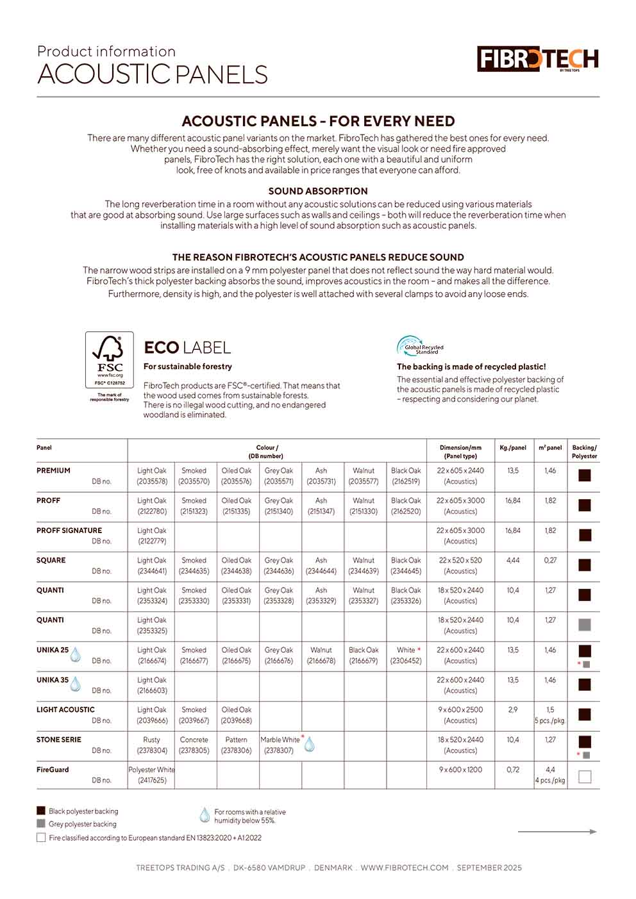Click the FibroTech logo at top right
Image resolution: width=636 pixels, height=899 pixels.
[x=537, y=60]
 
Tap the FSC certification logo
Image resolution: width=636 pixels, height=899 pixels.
[x=110, y=360]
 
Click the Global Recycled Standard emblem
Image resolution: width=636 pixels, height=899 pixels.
[x=420, y=347]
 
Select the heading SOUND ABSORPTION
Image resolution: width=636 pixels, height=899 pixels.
[x=318, y=191]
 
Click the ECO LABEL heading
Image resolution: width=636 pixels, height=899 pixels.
[x=187, y=348]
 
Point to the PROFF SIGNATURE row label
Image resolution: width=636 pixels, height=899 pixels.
[x=69, y=531]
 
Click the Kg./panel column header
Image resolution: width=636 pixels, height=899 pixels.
[x=513, y=448]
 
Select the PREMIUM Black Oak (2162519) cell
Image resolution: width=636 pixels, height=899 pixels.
[x=406, y=476]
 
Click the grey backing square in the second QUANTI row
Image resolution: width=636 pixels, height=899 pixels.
[x=585, y=625]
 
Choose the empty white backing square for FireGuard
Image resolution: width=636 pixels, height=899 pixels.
[x=585, y=777]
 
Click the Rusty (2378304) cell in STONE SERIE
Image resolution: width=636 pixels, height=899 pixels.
[x=152, y=745]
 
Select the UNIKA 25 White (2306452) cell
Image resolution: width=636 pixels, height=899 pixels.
[x=406, y=655]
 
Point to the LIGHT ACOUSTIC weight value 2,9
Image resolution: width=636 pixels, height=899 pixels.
[x=513, y=710]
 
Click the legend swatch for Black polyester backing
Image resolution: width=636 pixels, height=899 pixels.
[x=41, y=811]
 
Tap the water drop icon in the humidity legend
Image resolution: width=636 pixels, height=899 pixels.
[x=205, y=815]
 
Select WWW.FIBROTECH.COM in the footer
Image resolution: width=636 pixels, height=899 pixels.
[x=405, y=868]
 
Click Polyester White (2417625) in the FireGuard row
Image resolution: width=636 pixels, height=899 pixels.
[x=151, y=775]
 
